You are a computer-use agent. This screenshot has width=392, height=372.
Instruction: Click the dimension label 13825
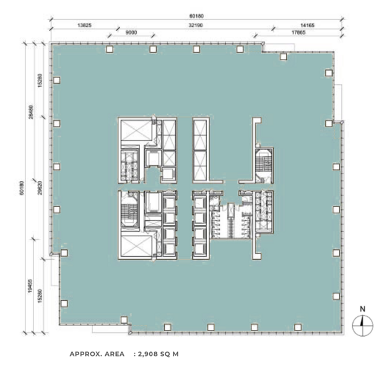point(84,25)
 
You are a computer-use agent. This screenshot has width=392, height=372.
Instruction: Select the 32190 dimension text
point(196,25)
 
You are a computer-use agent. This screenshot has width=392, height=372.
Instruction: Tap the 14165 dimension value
point(307,25)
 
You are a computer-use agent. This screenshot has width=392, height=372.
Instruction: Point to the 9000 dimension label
point(131,32)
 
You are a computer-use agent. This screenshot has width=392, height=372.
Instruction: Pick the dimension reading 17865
point(298,32)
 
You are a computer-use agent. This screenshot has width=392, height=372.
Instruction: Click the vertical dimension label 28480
point(30,112)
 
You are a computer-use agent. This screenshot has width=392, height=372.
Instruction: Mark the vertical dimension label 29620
point(40,188)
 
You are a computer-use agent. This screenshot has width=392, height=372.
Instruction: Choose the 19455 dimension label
point(30,286)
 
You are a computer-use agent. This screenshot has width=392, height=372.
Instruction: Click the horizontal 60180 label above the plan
point(196,16)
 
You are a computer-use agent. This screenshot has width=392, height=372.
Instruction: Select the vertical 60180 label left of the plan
point(22,188)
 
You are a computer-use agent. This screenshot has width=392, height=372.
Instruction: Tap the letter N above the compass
point(362,309)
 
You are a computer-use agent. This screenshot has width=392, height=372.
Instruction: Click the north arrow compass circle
point(362,325)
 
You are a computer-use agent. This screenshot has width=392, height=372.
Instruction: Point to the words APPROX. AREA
point(97,354)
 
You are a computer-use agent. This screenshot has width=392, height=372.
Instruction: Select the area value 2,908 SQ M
point(159,354)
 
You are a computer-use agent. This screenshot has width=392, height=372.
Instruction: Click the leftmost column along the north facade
point(109,49)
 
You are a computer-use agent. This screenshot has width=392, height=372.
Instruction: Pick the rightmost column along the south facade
point(298,327)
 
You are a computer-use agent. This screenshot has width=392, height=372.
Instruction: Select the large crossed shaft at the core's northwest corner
point(136,130)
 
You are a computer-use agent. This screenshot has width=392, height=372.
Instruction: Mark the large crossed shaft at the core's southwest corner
point(136,246)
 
